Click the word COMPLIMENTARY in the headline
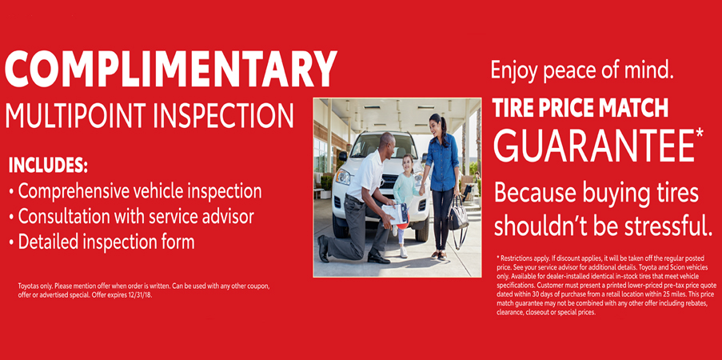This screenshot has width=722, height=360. (170, 70)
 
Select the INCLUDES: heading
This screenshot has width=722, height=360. (48, 166)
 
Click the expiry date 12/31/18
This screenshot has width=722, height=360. (137, 294)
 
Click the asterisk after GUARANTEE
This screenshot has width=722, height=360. (700, 133)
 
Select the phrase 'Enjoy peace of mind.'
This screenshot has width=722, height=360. (582, 72)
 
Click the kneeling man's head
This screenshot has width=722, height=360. (388, 144)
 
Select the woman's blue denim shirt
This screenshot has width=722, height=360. (442, 161)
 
